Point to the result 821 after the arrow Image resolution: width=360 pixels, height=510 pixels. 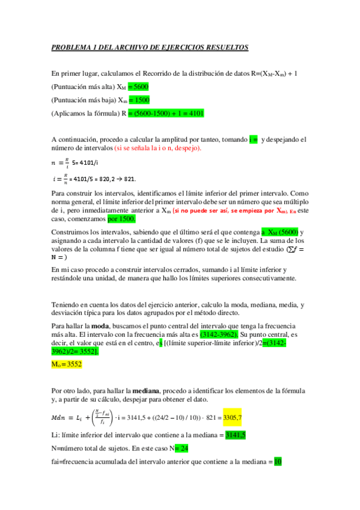(x=129, y=179)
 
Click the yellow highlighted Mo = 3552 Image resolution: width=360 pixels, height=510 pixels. (x=67, y=364)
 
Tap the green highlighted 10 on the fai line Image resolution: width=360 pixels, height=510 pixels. (x=277, y=462)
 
